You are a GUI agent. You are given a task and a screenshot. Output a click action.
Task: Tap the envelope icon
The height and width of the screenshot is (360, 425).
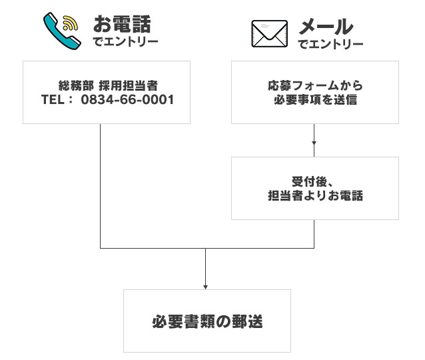(x=269, y=33)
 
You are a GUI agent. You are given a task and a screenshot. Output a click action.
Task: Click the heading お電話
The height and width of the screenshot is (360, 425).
(x=122, y=25)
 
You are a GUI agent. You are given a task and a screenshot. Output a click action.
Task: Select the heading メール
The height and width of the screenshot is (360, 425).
(x=325, y=27)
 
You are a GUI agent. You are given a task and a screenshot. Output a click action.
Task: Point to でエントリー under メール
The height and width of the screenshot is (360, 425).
(x=330, y=45)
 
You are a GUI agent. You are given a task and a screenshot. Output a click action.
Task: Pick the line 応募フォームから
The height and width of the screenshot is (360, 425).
(x=314, y=86)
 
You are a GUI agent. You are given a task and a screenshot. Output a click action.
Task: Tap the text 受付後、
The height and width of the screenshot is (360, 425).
(x=314, y=182)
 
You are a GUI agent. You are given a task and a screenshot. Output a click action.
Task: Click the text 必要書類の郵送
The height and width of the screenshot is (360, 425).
(x=207, y=322)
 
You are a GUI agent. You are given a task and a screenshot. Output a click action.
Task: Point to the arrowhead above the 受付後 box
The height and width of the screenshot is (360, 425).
(x=314, y=143)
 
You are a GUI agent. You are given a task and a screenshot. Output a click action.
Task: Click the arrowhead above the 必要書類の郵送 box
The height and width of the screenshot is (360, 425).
(x=206, y=286)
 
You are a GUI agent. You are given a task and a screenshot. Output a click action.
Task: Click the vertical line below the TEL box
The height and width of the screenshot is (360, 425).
(x=100, y=187)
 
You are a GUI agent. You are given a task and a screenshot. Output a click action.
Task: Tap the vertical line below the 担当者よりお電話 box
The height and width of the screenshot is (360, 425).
(x=314, y=233)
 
